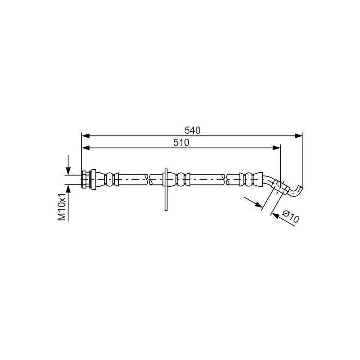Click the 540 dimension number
click(193, 130)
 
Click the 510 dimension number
click(181, 143)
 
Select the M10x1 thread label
click(62, 207)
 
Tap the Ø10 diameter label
click(291, 216)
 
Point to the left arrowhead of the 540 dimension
click(85, 136)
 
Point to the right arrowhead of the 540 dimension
click(299, 136)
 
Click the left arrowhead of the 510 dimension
click(85, 148)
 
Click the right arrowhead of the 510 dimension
click(276, 148)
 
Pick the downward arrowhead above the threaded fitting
click(68, 171)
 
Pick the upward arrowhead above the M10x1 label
click(68, 188)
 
